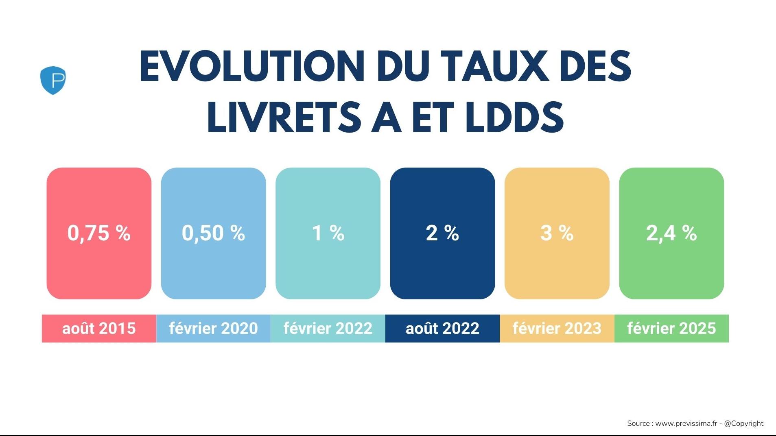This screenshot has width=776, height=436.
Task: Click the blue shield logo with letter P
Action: click(x=53, y=80)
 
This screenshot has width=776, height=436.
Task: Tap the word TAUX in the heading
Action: click(x=495, y=67)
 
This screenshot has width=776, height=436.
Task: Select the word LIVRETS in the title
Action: click(x=284, y=118)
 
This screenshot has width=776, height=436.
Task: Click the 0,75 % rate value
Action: click(x=99, y=233)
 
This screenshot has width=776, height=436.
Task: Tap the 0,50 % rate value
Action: click(x=213, y=233)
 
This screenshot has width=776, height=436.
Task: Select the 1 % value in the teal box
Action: click(x=328, y=233)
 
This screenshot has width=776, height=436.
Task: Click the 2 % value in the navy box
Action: click(x=442, y=233)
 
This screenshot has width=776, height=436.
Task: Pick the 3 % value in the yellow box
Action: click(x=557, y=233)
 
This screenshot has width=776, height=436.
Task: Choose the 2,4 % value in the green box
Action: click(x=671, y=233)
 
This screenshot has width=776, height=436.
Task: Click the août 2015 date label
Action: click(x=99, y=328)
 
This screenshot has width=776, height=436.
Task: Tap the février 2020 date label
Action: click(x=213, y=328)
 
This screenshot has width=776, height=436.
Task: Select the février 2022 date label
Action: click(x=328, y=328)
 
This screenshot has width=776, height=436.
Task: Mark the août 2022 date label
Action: click(x=442, y=328)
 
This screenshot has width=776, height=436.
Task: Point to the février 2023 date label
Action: click(x=557, y=328)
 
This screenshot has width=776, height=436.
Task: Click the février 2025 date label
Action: click(x=671, y=328)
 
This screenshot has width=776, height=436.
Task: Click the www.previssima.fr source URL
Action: click(x=686, y=423)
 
